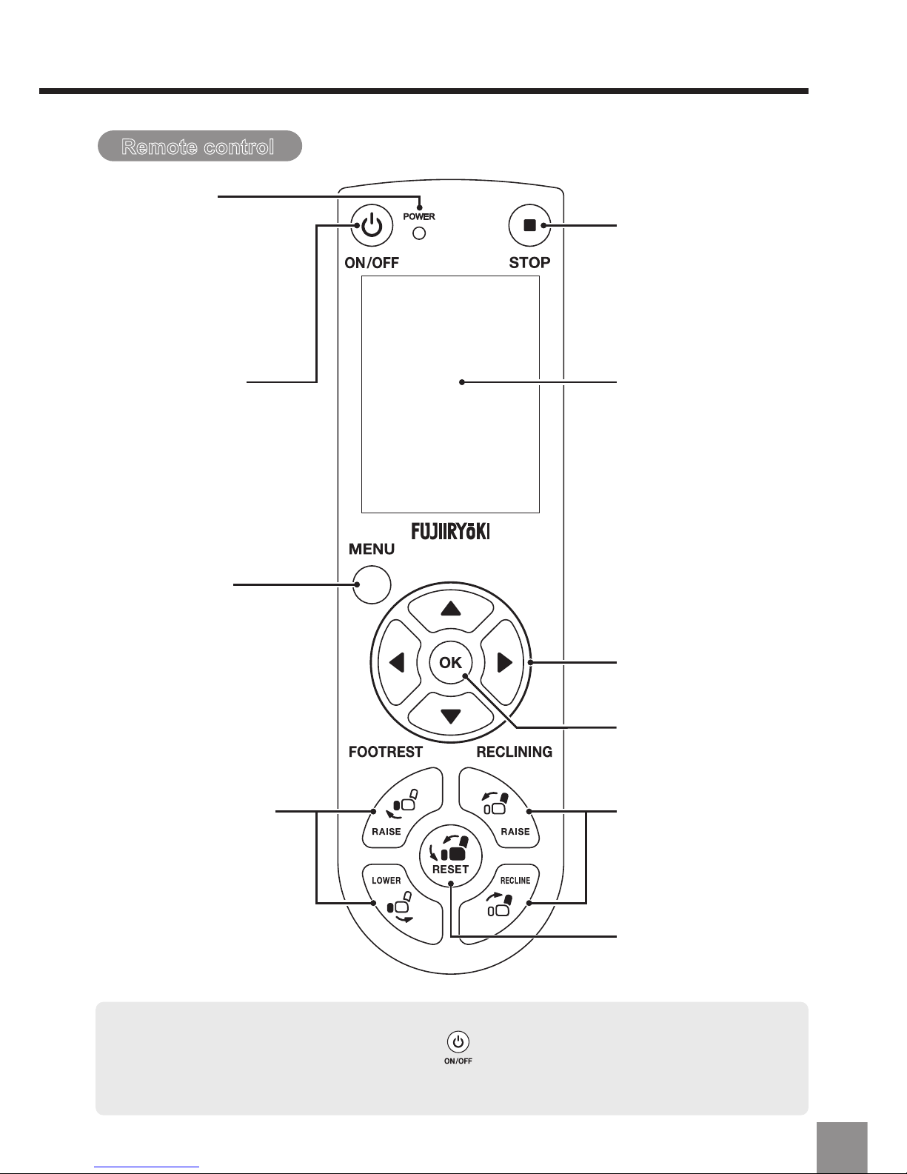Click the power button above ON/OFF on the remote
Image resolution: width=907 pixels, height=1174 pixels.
(372, 225)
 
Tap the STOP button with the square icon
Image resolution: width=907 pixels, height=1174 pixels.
(529, 225)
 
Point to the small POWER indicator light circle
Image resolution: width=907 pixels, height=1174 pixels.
(419, 233)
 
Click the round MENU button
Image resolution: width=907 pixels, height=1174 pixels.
(372, 584)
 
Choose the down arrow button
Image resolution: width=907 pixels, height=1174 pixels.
(451, 716)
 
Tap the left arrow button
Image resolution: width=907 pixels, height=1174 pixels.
(398, 662)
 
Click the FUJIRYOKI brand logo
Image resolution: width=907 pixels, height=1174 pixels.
(451, 532)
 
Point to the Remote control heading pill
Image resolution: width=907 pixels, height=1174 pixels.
(200, 146)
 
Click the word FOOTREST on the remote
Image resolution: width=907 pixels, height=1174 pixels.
(386, 752)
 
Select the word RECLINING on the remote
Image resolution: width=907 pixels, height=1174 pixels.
(514, 752)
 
